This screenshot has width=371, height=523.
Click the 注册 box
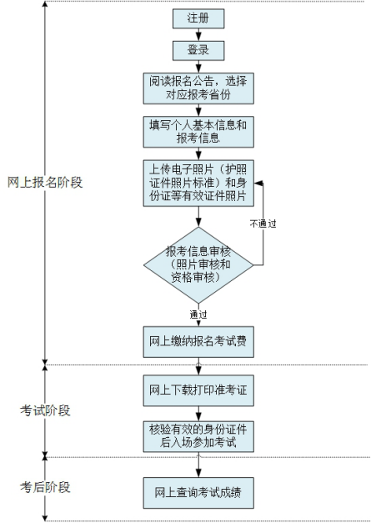point(198,18)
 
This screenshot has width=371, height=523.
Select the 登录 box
point(198,50)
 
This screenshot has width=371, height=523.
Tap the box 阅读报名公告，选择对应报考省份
point(198,88)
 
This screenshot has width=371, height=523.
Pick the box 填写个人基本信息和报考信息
point(198,132)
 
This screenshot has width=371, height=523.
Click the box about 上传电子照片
point(198,183)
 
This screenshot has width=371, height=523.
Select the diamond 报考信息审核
point(198,265)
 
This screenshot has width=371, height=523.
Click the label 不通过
point(263,224)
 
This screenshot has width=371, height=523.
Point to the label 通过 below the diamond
point(198,314)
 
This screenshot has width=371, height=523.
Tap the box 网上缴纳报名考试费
point(198,342)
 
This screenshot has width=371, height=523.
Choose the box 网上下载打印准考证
point(198,390)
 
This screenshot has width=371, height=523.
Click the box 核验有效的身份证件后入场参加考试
point(198,436)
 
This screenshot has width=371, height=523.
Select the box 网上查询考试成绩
point(198,493)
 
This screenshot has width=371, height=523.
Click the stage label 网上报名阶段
point(45,183)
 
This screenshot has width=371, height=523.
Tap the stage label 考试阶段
point(45,410)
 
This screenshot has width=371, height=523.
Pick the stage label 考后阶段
point(45,487)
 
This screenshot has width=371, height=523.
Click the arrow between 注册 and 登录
point(198,34)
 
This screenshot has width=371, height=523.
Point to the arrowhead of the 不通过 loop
point(258,183)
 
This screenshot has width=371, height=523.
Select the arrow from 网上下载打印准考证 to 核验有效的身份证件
point(198,414)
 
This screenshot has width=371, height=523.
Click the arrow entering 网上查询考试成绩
point(198,465)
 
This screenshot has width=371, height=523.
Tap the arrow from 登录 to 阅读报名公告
point(198,67)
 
